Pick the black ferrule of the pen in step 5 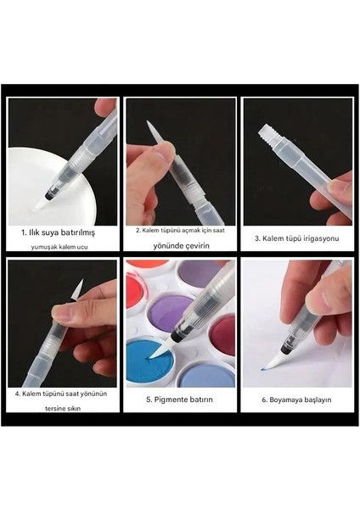(x=182, y=333)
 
